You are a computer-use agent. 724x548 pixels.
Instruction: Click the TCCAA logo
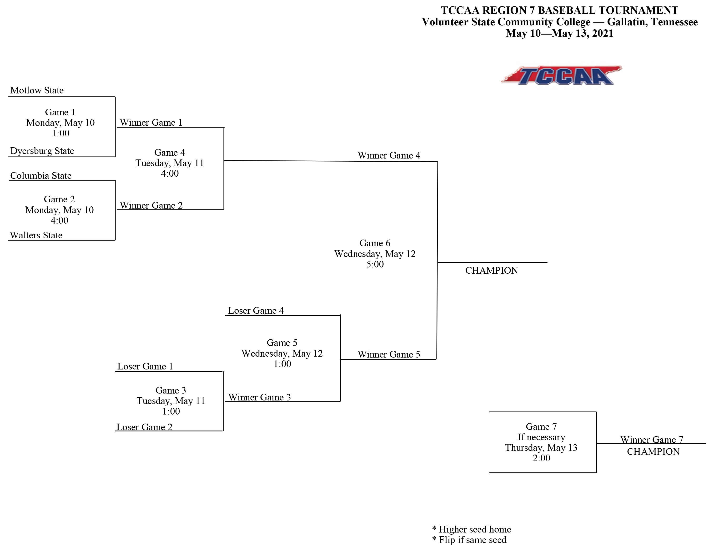coord(561,76)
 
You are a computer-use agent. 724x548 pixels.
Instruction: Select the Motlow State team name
coord(37,90)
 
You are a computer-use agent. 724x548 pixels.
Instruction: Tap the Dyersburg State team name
coord(42,151)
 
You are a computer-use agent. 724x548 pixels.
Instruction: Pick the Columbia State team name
coord(41,176)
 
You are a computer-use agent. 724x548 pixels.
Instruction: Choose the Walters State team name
coord(36,235)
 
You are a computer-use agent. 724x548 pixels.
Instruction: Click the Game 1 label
coord(60,112)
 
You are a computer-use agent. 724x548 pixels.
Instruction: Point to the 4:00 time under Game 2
coord(60,220)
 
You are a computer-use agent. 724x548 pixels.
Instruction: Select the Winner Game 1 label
coord(151,123)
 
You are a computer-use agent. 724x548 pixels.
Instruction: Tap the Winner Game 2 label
coord(151,205)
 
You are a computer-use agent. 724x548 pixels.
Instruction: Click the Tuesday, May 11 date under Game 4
coord(170,163)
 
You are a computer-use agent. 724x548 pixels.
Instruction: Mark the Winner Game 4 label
coord(389,155)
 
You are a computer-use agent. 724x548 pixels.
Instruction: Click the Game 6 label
coord(375,243)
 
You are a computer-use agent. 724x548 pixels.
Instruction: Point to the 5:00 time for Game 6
coord(375,264)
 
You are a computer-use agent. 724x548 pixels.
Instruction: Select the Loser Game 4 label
coord(256,311)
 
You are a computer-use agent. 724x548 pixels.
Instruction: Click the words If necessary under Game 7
coord(541,437)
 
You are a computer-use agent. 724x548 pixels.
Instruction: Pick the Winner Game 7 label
coord(652,440)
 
